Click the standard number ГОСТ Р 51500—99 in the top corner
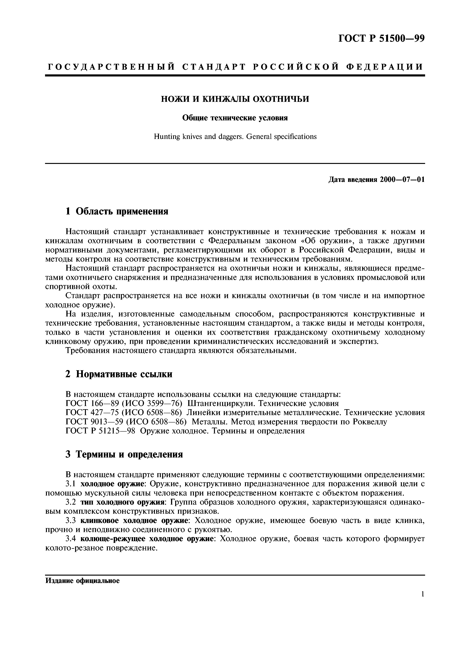381,38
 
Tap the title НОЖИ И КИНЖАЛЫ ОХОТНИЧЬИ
235,99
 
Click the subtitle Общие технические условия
235,118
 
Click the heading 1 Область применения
117,211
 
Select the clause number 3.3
71,521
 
